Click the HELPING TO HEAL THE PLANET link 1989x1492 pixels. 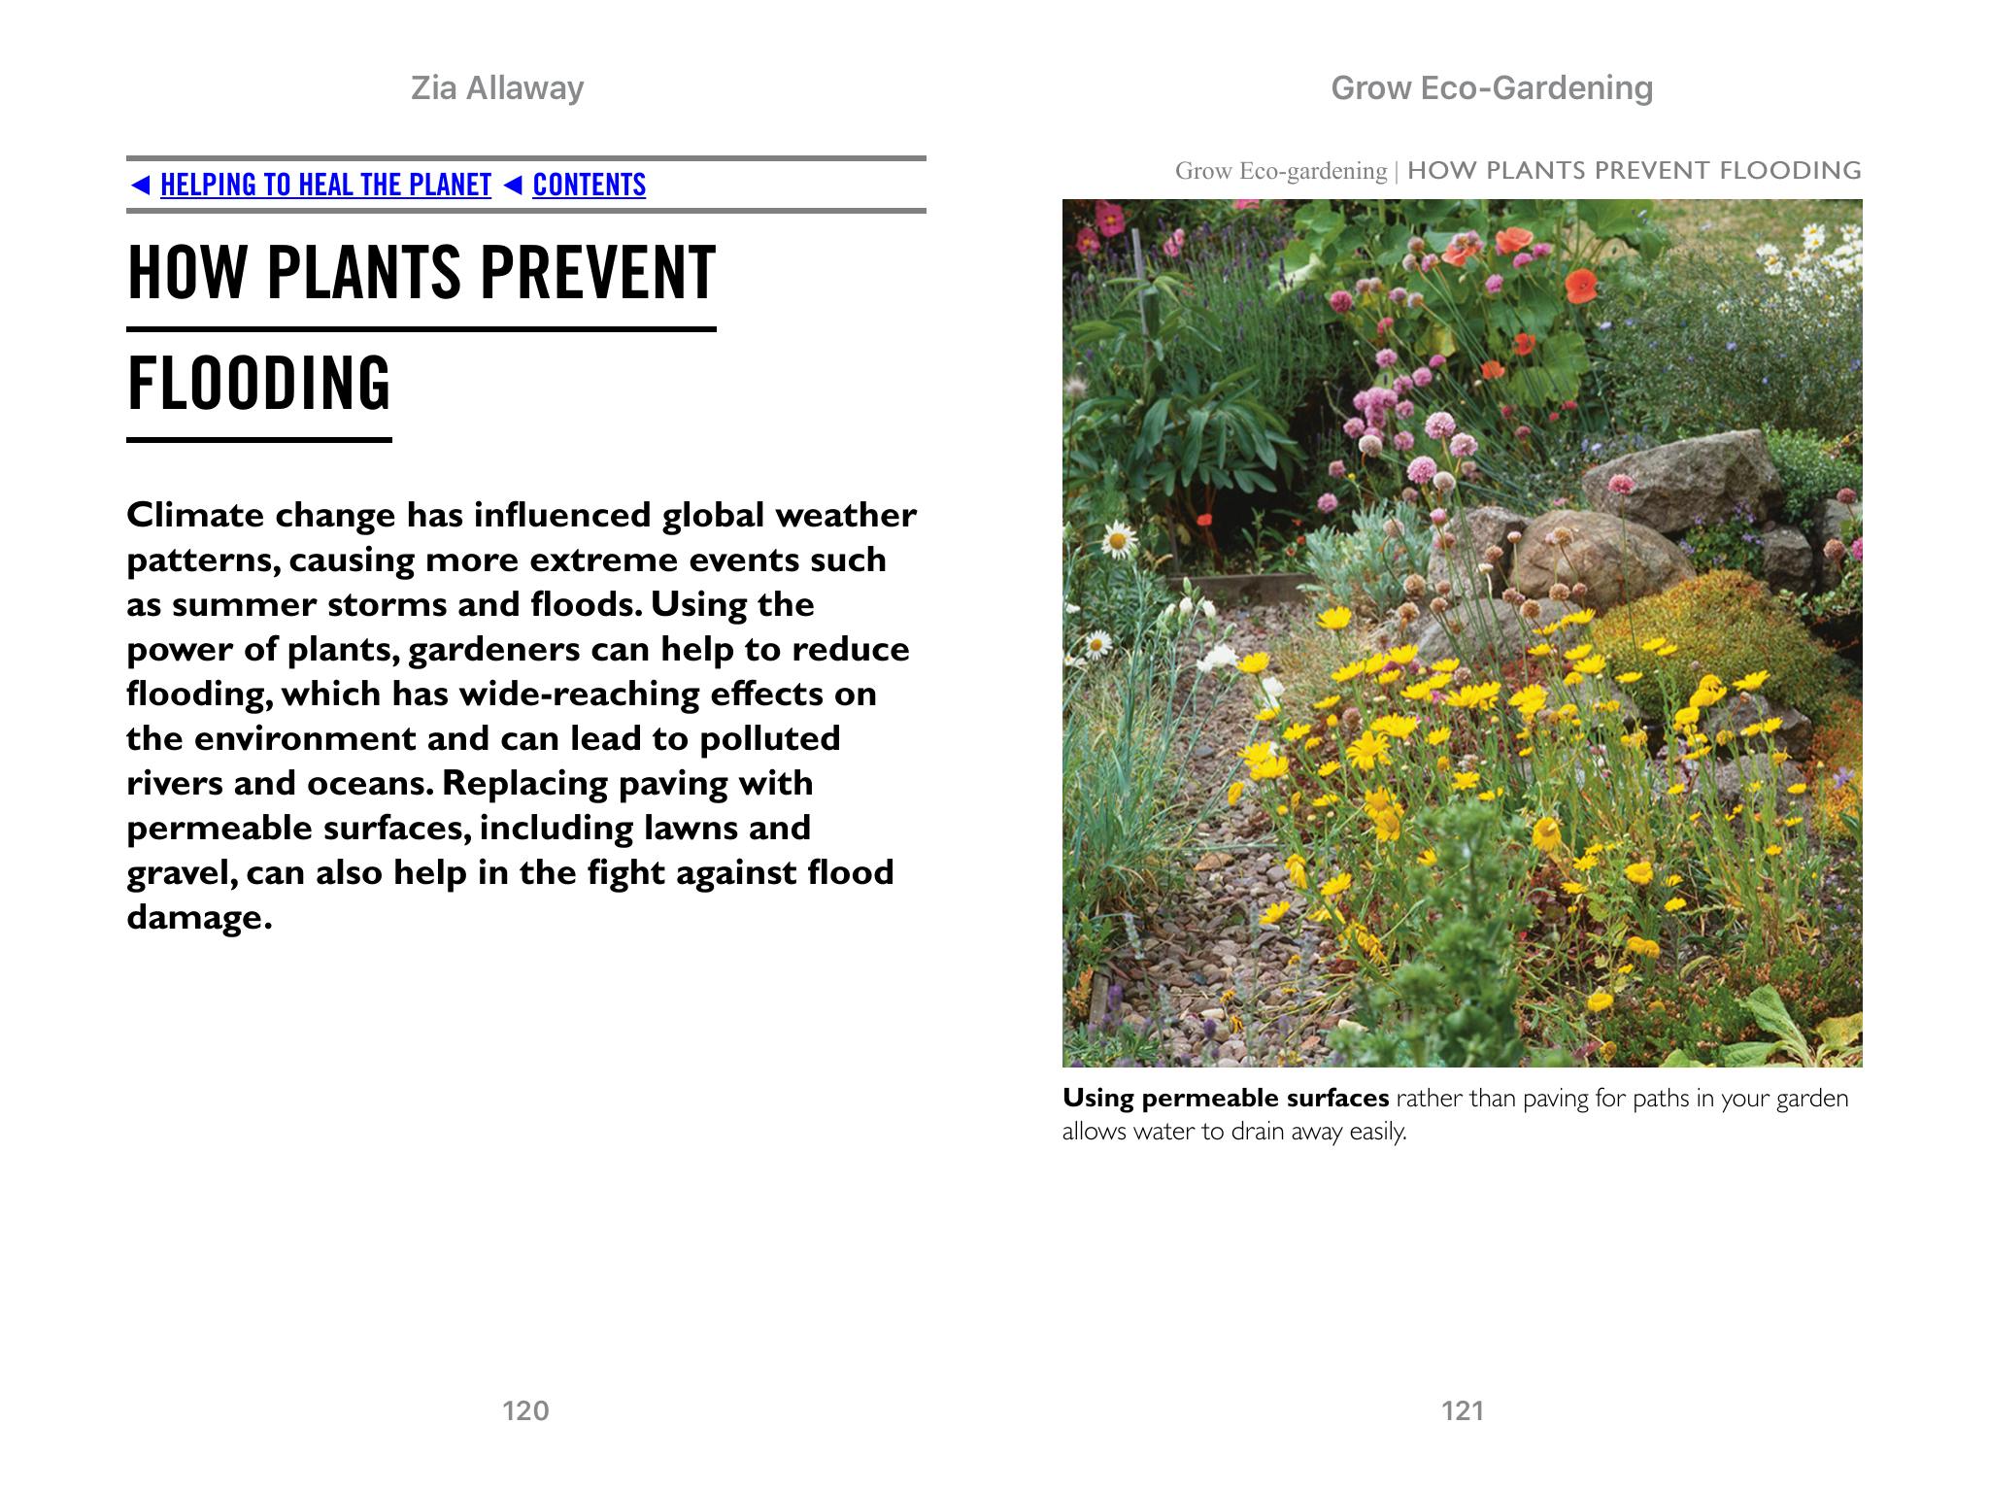click(x=325, y=185)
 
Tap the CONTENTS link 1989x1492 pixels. click(x=589, y=185)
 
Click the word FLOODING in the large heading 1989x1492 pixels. click(x=258, y=384)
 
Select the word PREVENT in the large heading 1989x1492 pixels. click(x=597, y=273)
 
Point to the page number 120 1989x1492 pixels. click(x=525, y=1410)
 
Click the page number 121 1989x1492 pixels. click(x=1463, y=1410)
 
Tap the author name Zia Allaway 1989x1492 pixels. click(x=497, y=88)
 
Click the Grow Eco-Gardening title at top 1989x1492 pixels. click(x=1491, y=88)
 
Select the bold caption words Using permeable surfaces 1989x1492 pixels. click(x=1225, y=1099)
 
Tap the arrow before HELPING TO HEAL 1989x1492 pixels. click(x=140, y=185)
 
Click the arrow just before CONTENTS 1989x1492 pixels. click(x=514, y=185)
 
